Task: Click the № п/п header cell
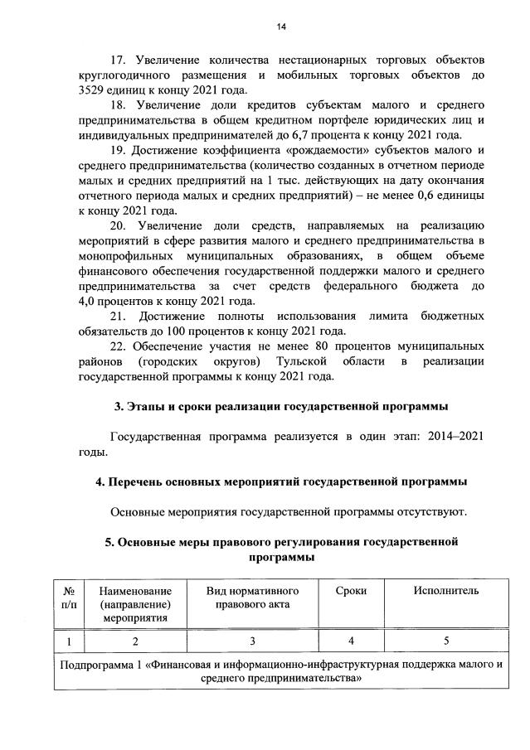pos(69,597)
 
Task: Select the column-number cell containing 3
pos(251,641)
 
